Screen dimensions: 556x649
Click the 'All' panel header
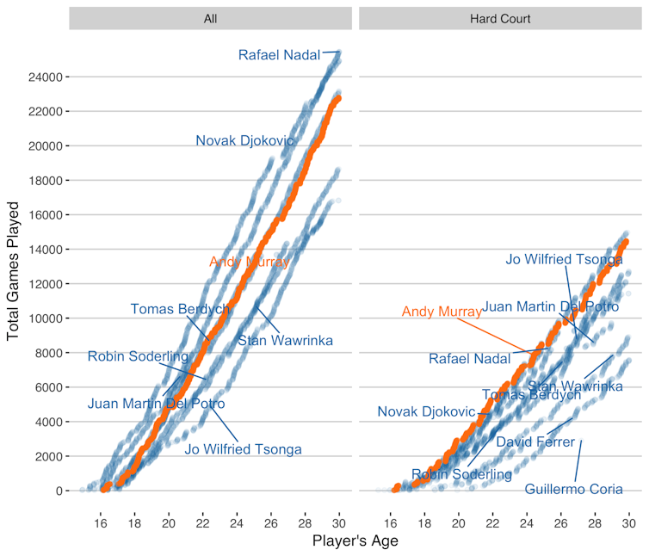(x=210, y=18)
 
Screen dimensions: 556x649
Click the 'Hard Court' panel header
(x=500, y=18)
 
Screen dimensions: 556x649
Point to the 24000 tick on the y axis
(x=44, y=77)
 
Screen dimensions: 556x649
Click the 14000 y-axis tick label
(x=44, y=250)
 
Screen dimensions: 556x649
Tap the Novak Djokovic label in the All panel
(x=244, y=140)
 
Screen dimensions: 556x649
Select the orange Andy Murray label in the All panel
(x=249, y=262)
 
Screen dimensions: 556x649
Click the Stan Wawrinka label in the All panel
(x=285, y=341)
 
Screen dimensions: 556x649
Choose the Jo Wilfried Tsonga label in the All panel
(x=244, y=448)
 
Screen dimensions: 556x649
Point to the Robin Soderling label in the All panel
(x=138, y=356)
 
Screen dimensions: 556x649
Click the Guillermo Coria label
(x=574, y=490)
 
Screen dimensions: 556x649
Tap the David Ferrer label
(x=535, y=442)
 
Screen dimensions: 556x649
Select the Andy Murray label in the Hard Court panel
(x=442, y=312)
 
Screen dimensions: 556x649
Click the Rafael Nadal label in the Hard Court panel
(x=470, y=359)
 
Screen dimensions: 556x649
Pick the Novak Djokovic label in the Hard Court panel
(x=426, y=412)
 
